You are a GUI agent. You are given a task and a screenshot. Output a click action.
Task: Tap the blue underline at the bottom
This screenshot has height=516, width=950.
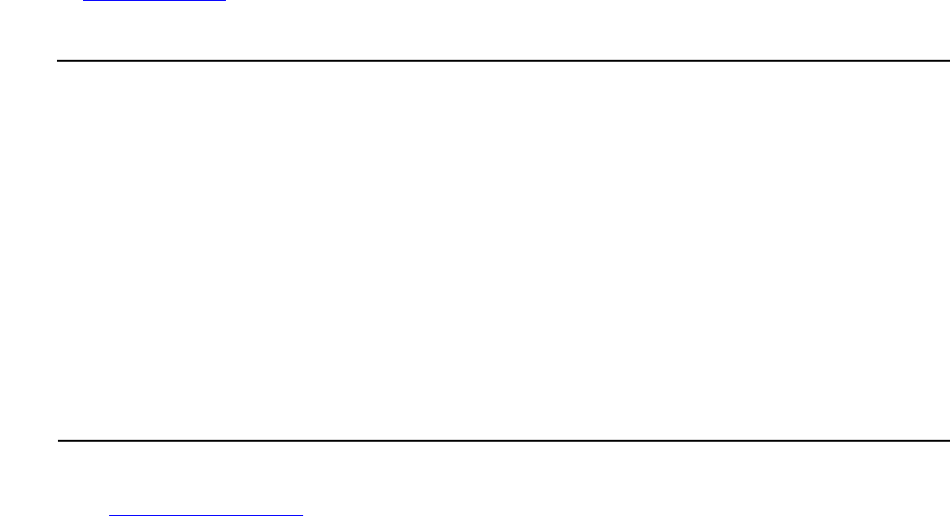(206, 514)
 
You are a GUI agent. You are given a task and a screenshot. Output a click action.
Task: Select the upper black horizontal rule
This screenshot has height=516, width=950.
(502, 61)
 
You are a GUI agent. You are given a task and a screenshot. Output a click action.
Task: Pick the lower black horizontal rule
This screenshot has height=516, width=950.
(502, 441)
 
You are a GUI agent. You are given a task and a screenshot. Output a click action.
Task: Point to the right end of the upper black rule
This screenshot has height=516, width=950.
(948, 61)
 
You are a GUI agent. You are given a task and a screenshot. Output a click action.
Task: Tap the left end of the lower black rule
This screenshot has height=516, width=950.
(59, 441)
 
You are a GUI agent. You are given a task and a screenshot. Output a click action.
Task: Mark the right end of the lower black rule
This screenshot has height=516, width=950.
(948, 441)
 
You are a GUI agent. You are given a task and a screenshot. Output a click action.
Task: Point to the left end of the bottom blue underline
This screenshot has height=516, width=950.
(109, 514)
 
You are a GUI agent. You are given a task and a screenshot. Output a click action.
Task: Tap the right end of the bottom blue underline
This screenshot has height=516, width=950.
(302, 514)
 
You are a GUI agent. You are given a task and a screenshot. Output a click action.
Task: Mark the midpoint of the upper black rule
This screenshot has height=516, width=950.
(502, 61)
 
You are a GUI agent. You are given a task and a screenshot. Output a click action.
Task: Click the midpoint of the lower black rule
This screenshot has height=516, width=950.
(503, 441)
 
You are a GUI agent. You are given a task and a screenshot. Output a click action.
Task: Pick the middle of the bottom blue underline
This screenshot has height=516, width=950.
(206, 514)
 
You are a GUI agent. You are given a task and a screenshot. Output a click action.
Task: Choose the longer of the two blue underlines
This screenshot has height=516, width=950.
(206, 514)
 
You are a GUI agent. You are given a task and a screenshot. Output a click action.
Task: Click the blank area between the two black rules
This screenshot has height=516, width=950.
(502, 251)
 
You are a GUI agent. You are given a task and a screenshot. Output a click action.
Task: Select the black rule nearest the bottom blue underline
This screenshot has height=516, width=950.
(502, 441)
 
